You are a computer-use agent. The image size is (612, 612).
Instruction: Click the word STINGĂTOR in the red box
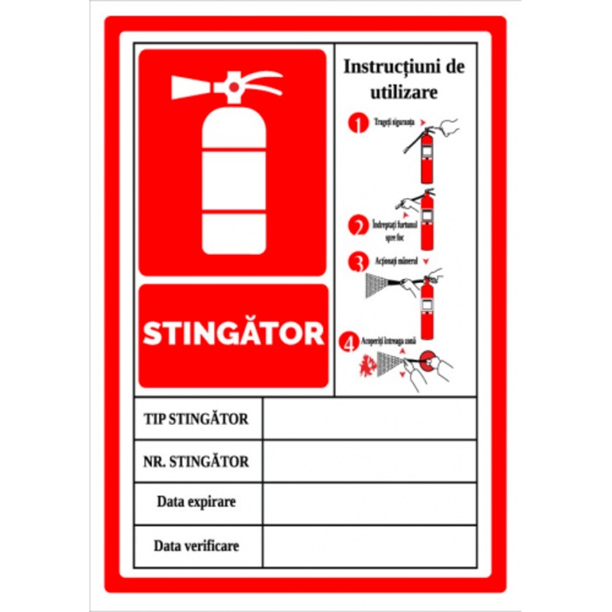[233, 333]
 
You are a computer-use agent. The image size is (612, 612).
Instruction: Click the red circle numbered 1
[358, 123]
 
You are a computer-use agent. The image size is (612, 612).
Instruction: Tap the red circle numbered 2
[358, 226]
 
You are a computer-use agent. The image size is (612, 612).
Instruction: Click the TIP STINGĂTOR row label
[196, 419]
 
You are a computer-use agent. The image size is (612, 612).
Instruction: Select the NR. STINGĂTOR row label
[196, 462]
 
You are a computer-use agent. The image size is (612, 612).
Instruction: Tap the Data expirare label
[196, 501]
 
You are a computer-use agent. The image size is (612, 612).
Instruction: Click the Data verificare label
[196, 545]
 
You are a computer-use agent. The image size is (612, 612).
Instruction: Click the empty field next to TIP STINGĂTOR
[369, 418]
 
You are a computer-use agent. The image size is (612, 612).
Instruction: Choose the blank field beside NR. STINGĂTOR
[369, 461]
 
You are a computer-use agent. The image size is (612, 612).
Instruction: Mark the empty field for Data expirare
[369, 503]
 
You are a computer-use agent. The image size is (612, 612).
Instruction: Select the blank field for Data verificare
[369, 546]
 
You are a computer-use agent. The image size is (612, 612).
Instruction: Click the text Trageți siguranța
[393, 122]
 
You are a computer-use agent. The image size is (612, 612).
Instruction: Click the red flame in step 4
[367, 366]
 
